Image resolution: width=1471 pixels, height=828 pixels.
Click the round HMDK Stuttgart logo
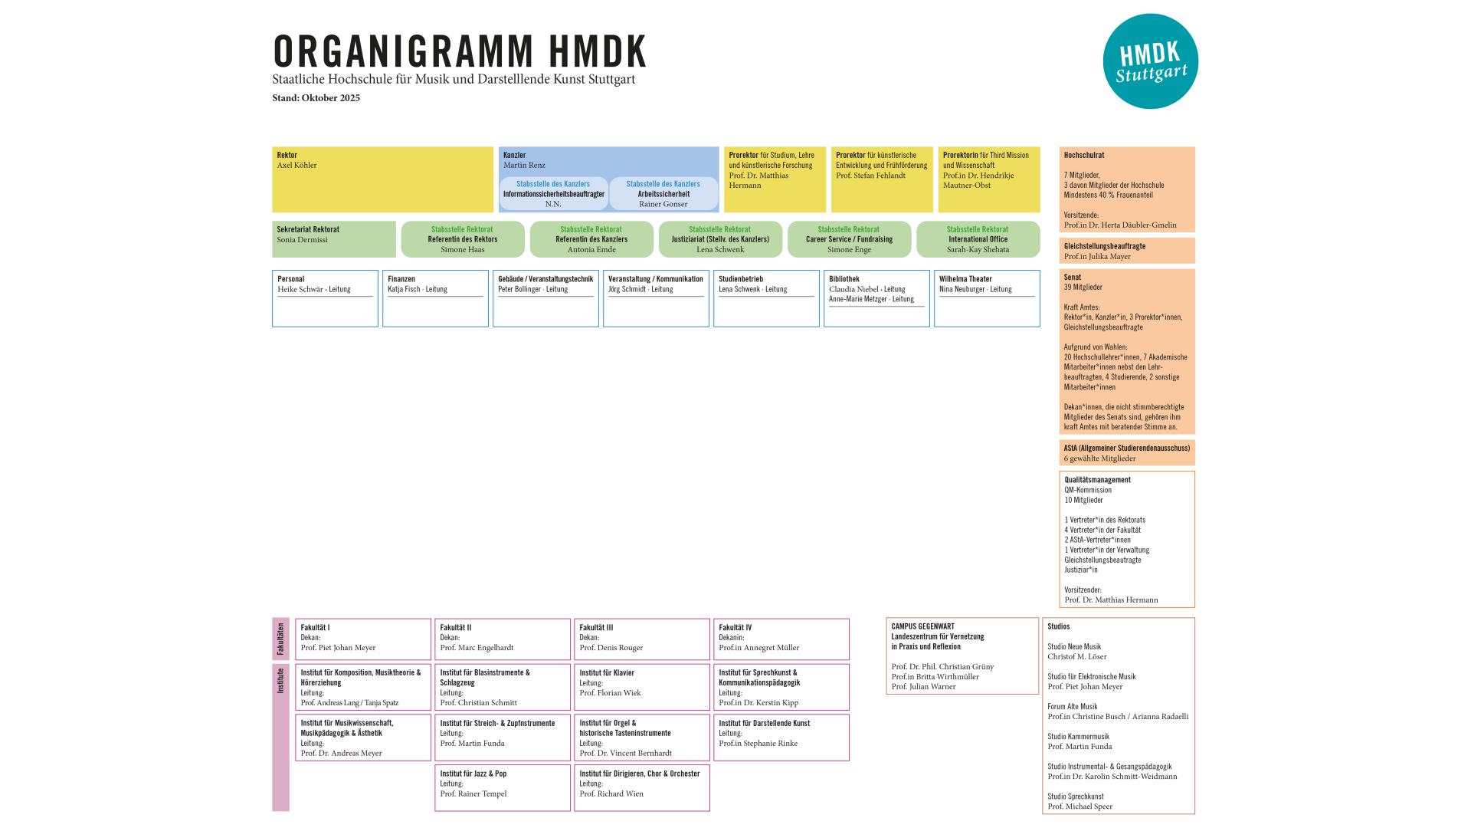[x=1150, y=61]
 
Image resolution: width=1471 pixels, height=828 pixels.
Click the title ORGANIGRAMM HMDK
[x=460, y=51]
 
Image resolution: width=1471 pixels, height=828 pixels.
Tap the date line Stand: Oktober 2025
[x=316, y=98]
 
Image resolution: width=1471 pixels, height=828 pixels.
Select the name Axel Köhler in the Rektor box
[x=296, y=166]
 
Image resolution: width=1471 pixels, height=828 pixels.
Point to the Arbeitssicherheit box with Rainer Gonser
[x=663, y=194]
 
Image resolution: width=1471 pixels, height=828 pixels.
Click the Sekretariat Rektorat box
[x=334, y=239]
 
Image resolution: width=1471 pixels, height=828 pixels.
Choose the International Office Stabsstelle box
[x=978, y=239]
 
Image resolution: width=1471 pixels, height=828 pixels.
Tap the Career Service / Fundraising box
[x=849, y=239]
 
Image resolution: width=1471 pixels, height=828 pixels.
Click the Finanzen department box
[x=435, y=298]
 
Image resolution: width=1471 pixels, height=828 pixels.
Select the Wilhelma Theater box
[x=987, y=298]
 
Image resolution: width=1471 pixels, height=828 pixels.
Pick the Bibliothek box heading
[x=844, y=279]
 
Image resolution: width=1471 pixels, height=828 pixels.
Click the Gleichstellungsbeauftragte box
[x=1126, y=251]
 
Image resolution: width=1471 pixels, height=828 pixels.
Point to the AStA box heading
[x=1126, y=448]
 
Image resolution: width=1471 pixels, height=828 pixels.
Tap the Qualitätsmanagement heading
[x=1097, y=480]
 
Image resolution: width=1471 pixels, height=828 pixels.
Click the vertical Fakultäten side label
[x=280, y=639]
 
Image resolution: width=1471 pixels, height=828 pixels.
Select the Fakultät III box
[x=641, y=639]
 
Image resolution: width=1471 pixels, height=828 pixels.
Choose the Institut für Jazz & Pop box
[x=502, y=787]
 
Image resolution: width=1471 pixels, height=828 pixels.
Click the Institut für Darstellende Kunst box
[x=781, y=738]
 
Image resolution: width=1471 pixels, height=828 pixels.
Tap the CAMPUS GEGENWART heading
[x=922, y=626]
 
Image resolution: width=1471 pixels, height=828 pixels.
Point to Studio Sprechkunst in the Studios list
[x=1076, y=797]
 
